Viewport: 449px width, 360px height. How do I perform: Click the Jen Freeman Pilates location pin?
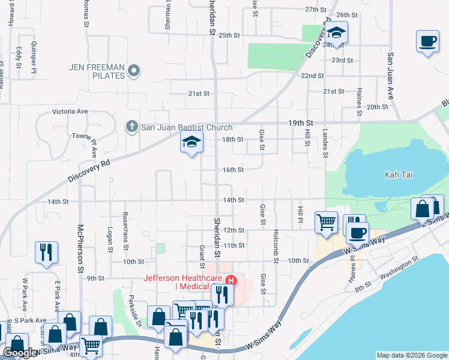pos(134,71)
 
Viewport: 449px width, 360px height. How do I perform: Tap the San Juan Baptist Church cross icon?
pos(132,127)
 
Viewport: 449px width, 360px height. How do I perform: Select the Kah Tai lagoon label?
pos(400,175)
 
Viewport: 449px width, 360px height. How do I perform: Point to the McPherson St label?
pos(80,248)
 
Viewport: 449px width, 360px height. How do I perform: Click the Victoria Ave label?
pos(70,112)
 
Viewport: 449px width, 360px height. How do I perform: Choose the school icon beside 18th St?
pos(191,142)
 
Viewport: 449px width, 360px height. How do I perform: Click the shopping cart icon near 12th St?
pos(326,222)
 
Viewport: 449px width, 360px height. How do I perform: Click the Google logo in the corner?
pos(20,352)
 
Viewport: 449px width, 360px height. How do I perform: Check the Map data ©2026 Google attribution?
pos(412,355)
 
